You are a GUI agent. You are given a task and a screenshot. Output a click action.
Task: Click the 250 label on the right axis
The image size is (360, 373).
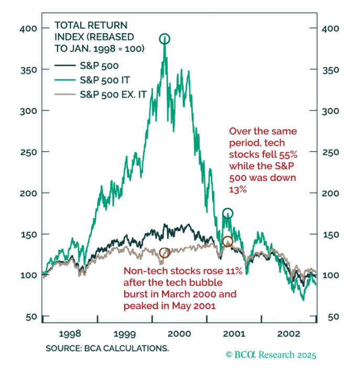pos(331,152)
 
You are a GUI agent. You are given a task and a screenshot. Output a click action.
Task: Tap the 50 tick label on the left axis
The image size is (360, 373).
pos(31,316)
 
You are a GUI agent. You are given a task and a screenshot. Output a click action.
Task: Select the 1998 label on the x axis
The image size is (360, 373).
pos(70,334)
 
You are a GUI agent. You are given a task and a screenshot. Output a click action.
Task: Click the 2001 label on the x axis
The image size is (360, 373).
pos(234,334)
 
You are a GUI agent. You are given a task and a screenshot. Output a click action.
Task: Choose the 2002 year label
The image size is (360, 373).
pos(289,334)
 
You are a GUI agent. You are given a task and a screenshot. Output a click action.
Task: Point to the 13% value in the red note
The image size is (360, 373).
pos(238,190)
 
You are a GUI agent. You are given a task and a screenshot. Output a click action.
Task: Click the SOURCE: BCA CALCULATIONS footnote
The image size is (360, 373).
pos(107,348)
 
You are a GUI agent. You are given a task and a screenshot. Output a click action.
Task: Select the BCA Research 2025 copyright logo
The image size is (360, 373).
pos(271,355)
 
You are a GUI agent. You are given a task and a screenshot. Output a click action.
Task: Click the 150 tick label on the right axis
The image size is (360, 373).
pos(331,235)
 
